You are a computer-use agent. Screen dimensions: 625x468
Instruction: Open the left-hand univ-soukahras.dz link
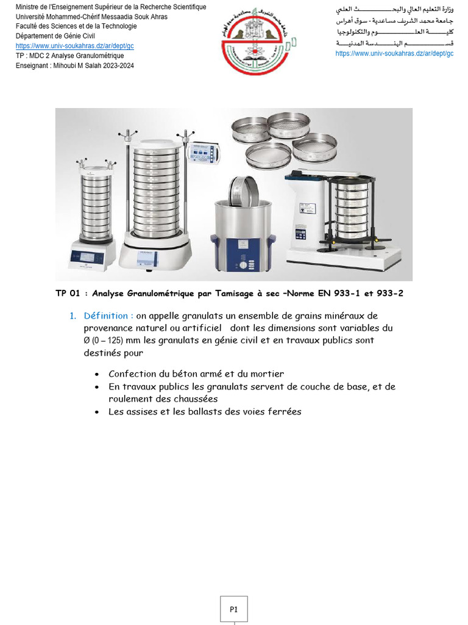tap(75, 46)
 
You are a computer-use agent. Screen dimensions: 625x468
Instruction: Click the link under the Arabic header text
tap(394, 53)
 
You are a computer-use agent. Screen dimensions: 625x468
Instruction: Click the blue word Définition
tap(108, 316)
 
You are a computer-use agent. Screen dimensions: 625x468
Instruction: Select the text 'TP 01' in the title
tap(68, 294)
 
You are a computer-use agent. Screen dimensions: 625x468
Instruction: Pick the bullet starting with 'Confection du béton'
tap(196, 374)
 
